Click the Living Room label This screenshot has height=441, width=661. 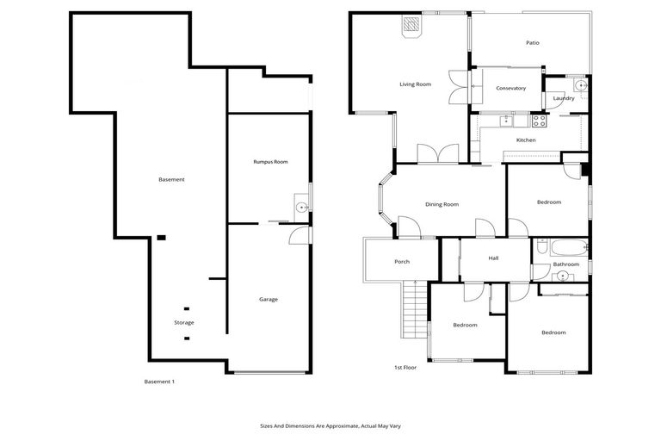click(x=415, y=84)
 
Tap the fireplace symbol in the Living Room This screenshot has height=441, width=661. click(x=412, y=26)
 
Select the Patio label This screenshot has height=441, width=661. click(x=533, y=42)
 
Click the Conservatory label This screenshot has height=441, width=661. click(x=510, y=88)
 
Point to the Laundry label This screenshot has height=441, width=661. click(x=564, y=98)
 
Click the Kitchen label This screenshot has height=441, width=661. click(x=525, y=140)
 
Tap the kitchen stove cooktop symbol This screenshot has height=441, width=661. click(x=540, y=121)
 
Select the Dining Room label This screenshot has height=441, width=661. click(x=442, y=204)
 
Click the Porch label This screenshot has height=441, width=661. click(x=401, y=262)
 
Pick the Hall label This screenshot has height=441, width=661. click(x=493, y=258)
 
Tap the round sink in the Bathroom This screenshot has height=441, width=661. click(x=562, y=276)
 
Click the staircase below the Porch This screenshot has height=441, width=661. click(x=414, y=310)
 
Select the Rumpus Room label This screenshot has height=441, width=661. click(x=270, y=161)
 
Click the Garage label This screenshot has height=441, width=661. click(x=269, y=299)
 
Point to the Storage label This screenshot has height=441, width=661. click(x=184, y=322)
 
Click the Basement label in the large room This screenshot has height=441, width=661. click(x=171, y=179)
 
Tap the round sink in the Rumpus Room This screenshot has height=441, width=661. click(x=301, y=207)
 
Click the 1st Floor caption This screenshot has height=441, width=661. click(x=405, y=368)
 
